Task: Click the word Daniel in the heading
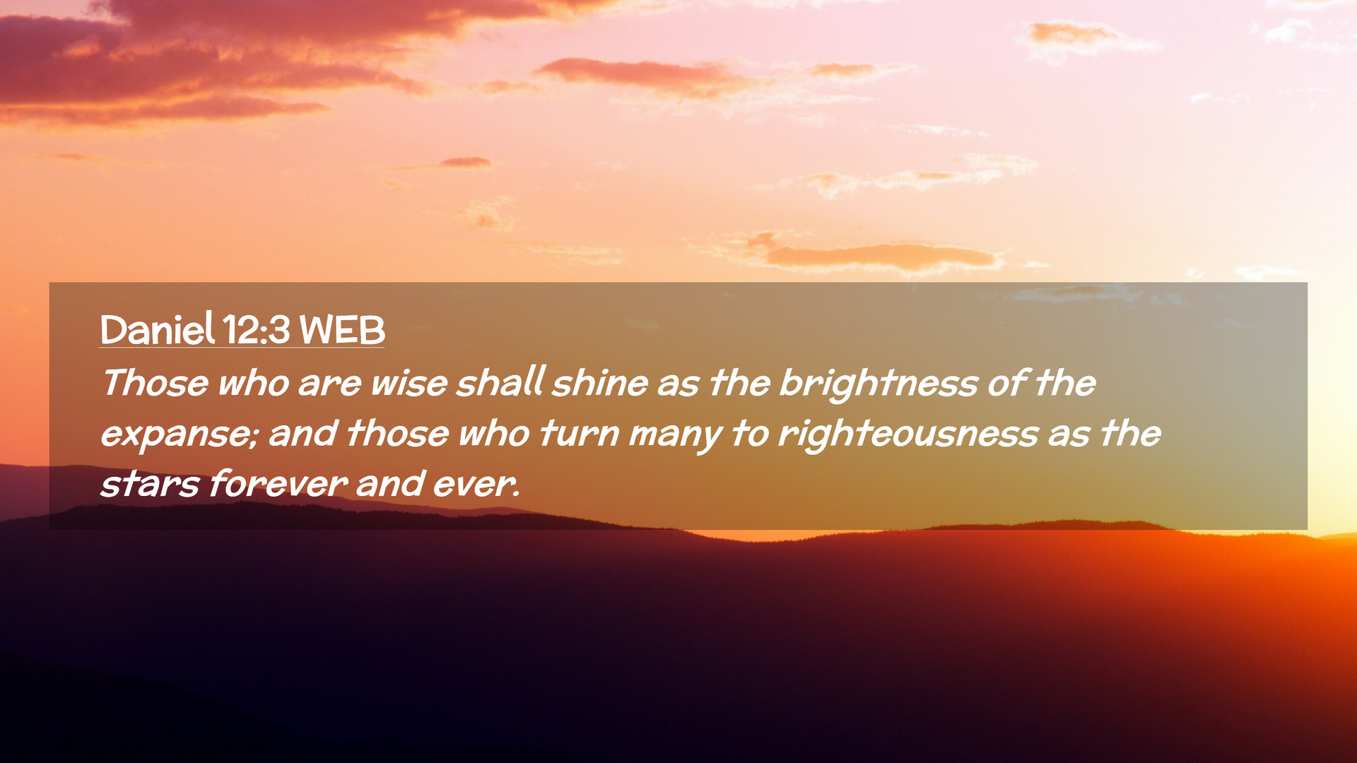point(157,329)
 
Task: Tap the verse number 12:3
point(256,330)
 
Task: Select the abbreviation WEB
point(342,330)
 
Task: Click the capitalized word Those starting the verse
point(155,383)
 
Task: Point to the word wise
point(409,383)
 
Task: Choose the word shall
point(500,381)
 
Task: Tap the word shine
point(600,383)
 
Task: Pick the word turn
point(579,433)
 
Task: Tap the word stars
point(150,485)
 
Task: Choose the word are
point(329,384)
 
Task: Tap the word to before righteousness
point(749,434)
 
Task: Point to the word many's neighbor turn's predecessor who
point(494,433)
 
